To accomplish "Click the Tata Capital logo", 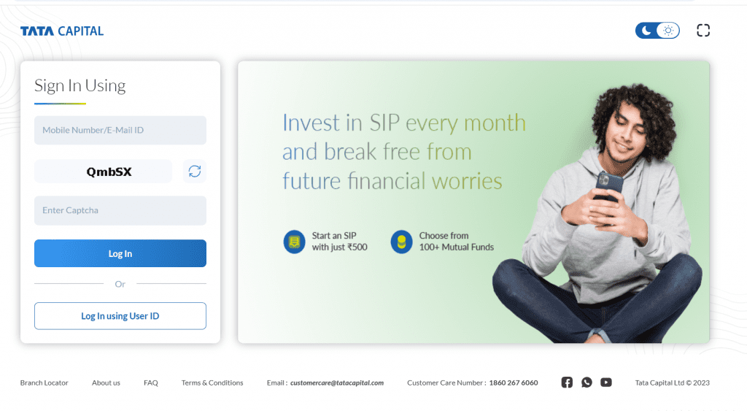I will coord(62,31).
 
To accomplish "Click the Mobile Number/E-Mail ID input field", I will coord(120,130).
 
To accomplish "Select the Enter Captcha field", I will coord(120,210).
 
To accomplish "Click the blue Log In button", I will coord(120,253).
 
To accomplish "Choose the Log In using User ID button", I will coord(120,316).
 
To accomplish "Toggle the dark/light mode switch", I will coord(657,31).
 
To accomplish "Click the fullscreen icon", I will coord(703,31).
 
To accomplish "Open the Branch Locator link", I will coord(44,383).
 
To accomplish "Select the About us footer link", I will coord(106,383).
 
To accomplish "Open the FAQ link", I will coord(151,383).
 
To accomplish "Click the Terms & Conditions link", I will coord(212,383).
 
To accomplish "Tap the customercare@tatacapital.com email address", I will coord(337,383).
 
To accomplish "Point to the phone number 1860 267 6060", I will coord(514,383).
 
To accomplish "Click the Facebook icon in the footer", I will coord(567,382).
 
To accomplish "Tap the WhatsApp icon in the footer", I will coord(587,382).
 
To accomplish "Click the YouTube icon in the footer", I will coord(606,382).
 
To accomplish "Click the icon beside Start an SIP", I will coord(294,242).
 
